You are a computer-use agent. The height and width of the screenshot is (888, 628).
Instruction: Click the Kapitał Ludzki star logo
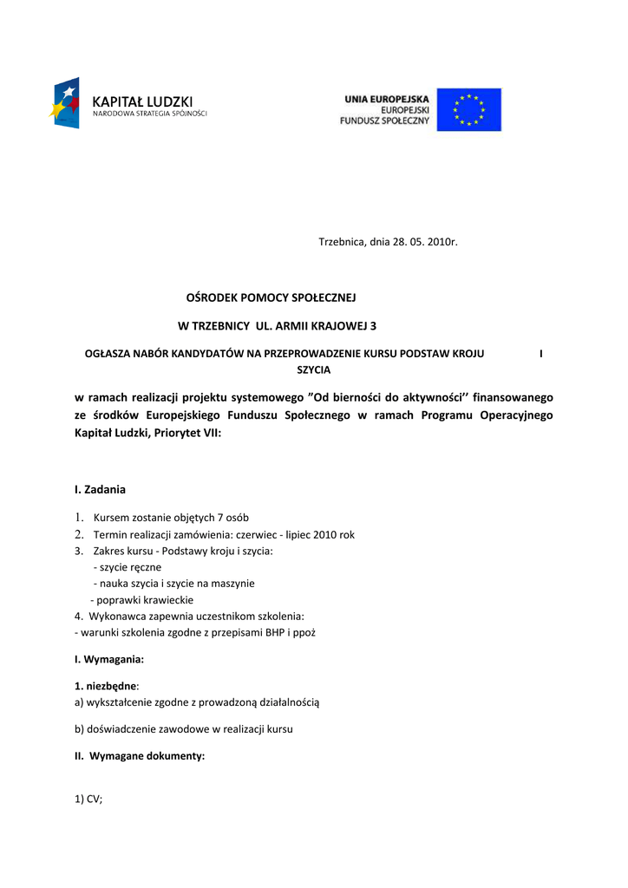[x=66, y=103]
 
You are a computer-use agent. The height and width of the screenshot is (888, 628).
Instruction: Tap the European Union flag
[x=468, y=110]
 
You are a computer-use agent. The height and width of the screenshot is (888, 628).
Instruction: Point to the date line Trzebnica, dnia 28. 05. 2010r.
[x=388, y=240]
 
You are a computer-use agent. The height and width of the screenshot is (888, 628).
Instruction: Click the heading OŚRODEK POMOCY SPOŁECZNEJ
[x=271, y=297]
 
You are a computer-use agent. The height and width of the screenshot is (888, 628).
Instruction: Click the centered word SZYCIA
[x=313, y=369]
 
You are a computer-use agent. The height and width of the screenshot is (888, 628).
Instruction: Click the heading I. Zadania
[x=101, y=489]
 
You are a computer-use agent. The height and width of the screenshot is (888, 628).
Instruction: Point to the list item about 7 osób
[x=171, y=518]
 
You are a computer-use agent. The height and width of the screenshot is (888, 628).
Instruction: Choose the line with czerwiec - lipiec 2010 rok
[x=224, y=534]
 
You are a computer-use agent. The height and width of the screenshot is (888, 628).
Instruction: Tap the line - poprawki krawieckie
[x=142, y=600]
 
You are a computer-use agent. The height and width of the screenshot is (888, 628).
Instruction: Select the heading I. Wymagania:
[x=109, y=659]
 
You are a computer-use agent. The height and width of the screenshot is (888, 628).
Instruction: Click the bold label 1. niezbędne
[x=105, y=686]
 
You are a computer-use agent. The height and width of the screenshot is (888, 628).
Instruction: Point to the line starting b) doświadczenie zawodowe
[x=184, y=729]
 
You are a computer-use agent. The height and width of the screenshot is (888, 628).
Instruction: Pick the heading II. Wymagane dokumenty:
[x=140, y=756]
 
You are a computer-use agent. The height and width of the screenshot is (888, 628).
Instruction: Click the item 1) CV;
[x=88, y=800]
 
